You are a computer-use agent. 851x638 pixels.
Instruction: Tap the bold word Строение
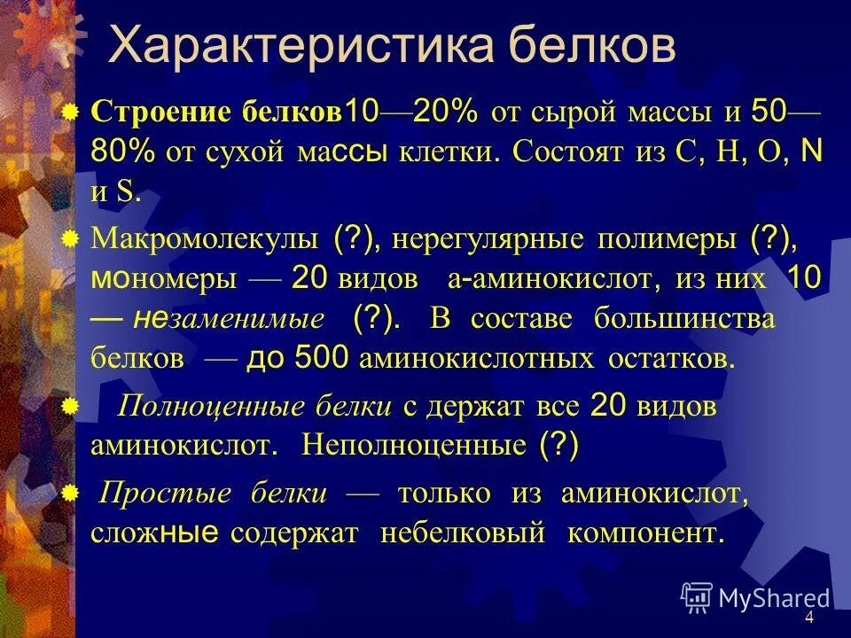tap(162, 113)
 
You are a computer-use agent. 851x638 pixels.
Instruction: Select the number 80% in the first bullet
tap(122, 152)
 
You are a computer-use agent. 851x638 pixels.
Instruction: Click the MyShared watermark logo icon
tap(697, 597)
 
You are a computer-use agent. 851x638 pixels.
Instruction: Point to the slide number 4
tap(809, 618)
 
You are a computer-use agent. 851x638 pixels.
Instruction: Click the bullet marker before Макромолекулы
tap(71, 237)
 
